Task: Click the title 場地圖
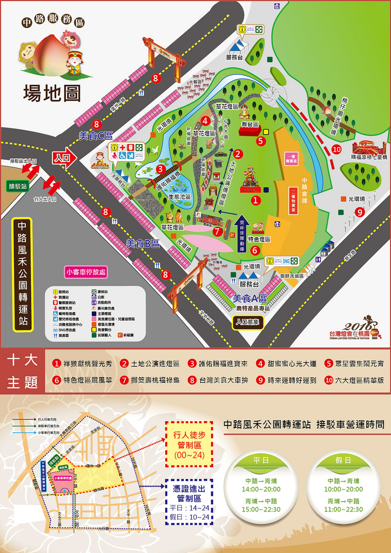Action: point(52,92)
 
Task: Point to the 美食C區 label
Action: point(96,136)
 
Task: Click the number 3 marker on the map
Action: point(160,168)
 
